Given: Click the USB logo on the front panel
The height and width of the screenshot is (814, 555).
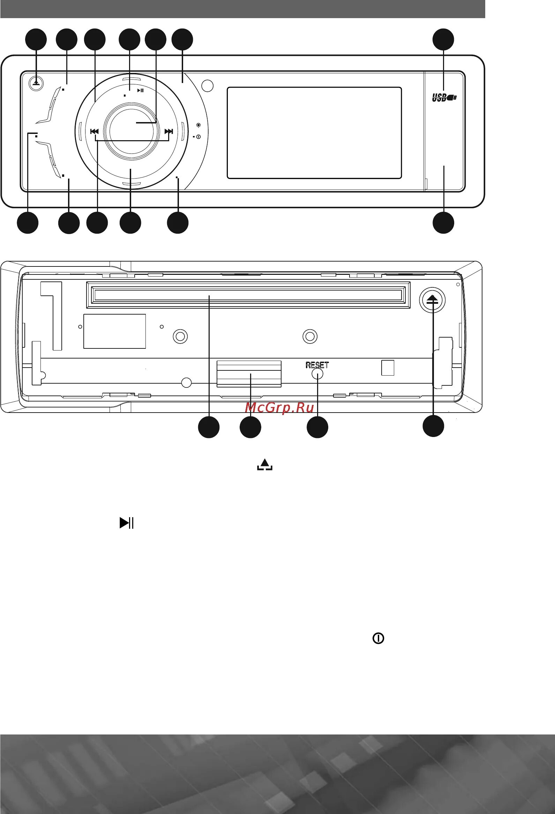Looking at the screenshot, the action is click(x=444, y=98).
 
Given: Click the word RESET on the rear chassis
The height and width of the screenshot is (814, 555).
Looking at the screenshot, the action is click(x=317, y=364).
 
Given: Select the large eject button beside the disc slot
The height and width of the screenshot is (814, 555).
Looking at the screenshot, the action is click(x=432, y=300).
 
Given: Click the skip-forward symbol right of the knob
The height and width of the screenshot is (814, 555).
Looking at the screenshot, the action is click(x=169, y=131).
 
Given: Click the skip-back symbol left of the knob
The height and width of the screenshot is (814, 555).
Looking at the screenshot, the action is click(x=94, y=131).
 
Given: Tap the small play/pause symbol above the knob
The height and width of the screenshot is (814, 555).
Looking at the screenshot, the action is click(x=140, y=90).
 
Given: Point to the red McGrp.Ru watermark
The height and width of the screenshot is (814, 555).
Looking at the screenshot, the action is click(x=279, y=408).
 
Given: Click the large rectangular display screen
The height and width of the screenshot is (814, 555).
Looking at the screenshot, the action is click(x=314, y=133).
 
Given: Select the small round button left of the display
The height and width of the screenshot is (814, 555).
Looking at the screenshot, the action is click(x=208, y=86).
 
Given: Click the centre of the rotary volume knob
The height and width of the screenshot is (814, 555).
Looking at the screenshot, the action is click(x=131, y=130).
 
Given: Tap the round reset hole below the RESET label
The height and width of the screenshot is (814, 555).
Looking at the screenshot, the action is click(x=317, y=374).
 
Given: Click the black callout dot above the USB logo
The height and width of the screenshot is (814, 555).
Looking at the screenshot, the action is click(x=443, y=39).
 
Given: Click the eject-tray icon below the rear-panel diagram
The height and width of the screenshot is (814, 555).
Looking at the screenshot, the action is click(x=265, y=465).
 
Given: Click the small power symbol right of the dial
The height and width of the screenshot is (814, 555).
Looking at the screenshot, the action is click(x=198, y=137).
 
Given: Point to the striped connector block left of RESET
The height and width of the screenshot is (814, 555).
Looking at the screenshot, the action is click(x=249, y=374).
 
